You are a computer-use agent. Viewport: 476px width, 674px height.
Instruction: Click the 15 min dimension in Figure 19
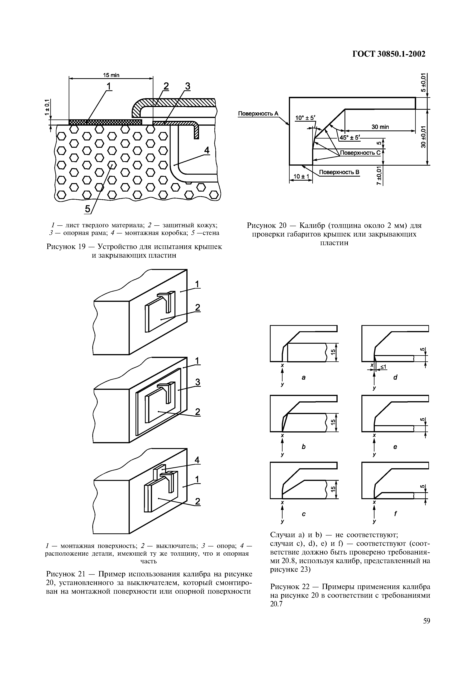pyautogui.click(x=111, y=75)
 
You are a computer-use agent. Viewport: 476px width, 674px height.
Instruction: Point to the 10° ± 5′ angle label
pyautogui.click(x=305, y=118)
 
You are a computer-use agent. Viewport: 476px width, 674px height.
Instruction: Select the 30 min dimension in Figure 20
pyautogui.click(x=380, y=127)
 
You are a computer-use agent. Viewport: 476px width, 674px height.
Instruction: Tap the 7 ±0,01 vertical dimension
pyautogui.click(x=379, y=176)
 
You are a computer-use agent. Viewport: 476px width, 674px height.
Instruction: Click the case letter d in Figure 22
pyautogui.click(x=395, y=377)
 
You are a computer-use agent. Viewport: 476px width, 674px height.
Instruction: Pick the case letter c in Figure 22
pyautogui.click(x=304, y=514)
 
